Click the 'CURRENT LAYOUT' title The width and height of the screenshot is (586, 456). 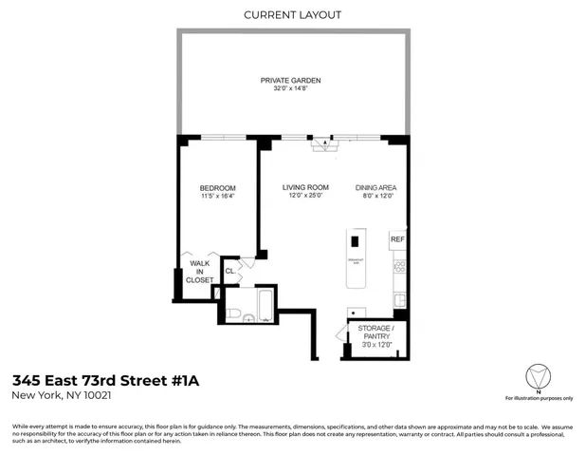[x=292, y=14]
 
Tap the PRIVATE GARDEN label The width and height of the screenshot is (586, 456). [x=291, y=80]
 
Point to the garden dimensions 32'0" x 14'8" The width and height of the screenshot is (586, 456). [x=291, y=89]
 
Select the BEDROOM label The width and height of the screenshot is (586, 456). [x=217, y=188]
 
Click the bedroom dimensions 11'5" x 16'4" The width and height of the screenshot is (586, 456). [x=217, y=198]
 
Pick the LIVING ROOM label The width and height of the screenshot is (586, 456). [x=304, y=188]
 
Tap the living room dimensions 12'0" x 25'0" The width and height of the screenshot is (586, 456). [x=304, y=198]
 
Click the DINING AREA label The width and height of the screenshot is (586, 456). [x=375, y=188]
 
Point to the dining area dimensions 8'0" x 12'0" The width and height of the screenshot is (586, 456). [x=375, y=198]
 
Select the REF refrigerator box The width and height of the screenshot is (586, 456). [x=397, y=239]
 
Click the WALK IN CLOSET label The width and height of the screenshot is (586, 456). [x=200, y=272]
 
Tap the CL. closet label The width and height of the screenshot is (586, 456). [x=229, y=273]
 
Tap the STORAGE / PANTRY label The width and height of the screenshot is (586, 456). [x=376, y=334]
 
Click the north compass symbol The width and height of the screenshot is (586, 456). [x=538, y=375]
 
